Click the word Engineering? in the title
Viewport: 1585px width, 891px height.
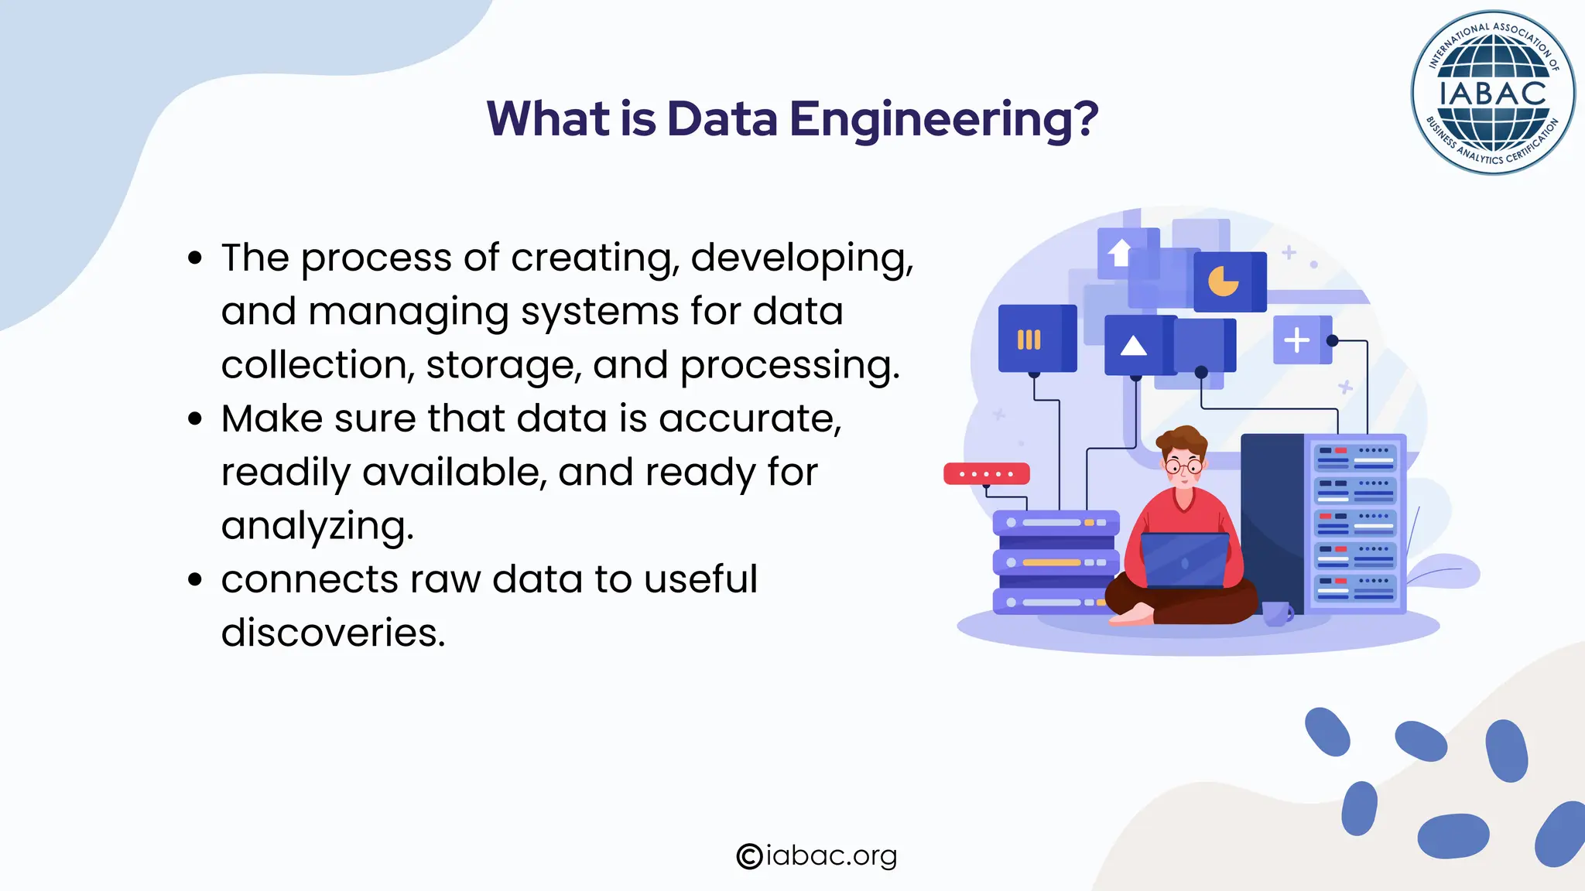click(x=943, y=120)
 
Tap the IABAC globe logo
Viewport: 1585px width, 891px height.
click(x=1492, y=93)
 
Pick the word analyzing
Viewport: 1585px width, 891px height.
click(x=317, y=527)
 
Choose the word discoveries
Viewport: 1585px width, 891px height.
click(x=333, y=633)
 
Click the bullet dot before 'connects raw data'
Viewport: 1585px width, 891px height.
click(x=195, y=579)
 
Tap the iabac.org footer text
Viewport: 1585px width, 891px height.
click(x=831, y=855)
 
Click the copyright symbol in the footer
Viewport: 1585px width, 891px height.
click(x=749, y=856)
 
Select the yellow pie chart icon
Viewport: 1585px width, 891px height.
click(x=1224, y=282)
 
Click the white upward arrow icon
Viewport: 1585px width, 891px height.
click(x=1120, y=252)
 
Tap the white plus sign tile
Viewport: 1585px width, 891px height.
click(x=1297, y=340)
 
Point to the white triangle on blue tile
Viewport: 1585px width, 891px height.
click(x=1134, y=345)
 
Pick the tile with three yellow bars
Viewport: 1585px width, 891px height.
click(x=1029, y=340)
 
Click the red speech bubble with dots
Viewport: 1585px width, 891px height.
click(x=986, y=473)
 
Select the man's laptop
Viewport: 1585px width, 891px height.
click(x=1184, y=561)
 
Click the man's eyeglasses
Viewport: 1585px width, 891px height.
click(x=1183, y=466)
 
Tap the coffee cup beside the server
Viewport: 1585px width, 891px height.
click(x=1277, y=613)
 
